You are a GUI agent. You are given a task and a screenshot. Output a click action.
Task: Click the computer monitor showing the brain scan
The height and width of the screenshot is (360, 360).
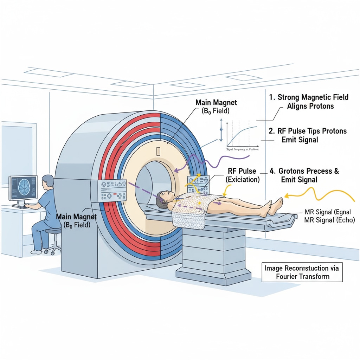point(23,189)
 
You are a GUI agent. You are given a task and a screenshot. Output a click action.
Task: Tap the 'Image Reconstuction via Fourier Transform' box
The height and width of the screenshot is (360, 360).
point(302,272)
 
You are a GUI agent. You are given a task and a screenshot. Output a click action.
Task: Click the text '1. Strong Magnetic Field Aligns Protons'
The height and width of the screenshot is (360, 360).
point(308,102)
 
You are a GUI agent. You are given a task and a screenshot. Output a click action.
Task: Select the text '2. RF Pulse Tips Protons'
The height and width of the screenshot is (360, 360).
point(307,131)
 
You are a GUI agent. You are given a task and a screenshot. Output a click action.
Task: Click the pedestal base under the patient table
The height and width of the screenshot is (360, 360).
point(211,260)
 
